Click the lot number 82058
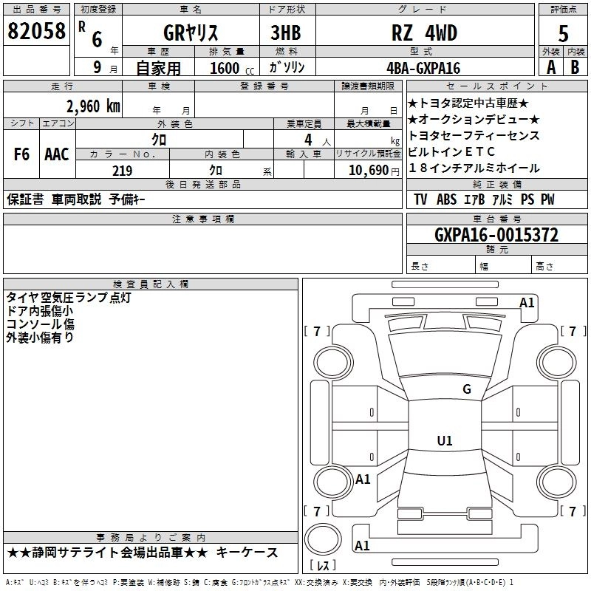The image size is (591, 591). (x=36, y=30)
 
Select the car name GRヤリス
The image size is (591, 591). (x=191, y=33)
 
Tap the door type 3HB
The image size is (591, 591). (x=286, y=33)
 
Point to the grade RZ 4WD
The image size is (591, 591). (x=424, y=33)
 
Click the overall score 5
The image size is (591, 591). (x=563, y=34)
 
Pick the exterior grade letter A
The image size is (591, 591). (x=551, y=67)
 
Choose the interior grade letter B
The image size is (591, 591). (x=575, y=67)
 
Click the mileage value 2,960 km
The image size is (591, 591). (x=93, y=106)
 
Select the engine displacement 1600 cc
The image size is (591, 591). (x=232, y=68)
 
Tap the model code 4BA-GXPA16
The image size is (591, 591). (x=423, y=68)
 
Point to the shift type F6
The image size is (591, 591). (x=21, y=154)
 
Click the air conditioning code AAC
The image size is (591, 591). (x=57, y=154)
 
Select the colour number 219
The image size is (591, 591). (x=123, y=171)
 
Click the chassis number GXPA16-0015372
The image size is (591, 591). (x=496, y=235)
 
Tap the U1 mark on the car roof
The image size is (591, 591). (x=445, y=440)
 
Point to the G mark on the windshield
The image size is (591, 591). (x=467, y=389)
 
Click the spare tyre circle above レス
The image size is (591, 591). (x=323, y=539)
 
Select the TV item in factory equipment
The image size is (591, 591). (x=420, y=199)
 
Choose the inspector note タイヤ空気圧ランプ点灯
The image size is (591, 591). (x=69, y=298)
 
